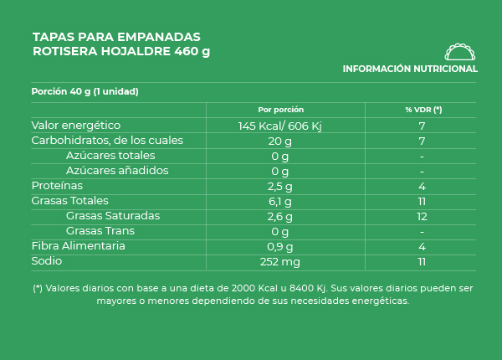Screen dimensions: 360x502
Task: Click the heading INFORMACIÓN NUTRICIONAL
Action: pyautogui.click(x=410, y=69)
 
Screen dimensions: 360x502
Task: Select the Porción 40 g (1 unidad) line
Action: pyautogui.click(x=85, y=91)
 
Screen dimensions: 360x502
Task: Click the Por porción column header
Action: pyautogui.click(x=280, y=110)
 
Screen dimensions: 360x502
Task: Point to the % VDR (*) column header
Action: pyautogui.click(x=423, y=110)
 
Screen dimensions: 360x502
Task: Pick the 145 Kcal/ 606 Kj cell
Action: pyautogui.click(x=280, y=126)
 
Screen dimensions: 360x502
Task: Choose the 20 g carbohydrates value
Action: pyautogui.click(x=280, y=141)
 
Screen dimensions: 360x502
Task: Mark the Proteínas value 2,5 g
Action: pyautogui.click(x=280, y=186)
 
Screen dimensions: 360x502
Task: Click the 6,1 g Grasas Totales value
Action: pyautogui.click(x=280, y=201)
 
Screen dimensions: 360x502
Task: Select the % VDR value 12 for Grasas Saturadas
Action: pyautogui.click(x=423, y=216)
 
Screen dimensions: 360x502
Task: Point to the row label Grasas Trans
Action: pyautogui.click(x=100, y=231)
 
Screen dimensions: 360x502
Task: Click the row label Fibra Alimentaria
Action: pyautogui.click(x=78, y=246)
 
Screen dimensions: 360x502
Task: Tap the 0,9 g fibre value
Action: pyautogui.click(x=280, y=246)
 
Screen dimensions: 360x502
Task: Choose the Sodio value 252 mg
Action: pyautogui.click(x=280, y=261)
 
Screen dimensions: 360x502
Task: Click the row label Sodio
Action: pyautogui.click(x=47, y=261)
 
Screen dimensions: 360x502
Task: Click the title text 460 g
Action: pyautogui.click(x=192, y=51)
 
